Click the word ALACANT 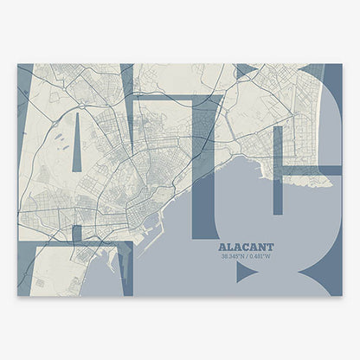coord(246,246)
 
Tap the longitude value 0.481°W coord(260,255)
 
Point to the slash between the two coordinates coord(247,255)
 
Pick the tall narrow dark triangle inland coord(76,143)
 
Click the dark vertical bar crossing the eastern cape coord(277,169)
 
